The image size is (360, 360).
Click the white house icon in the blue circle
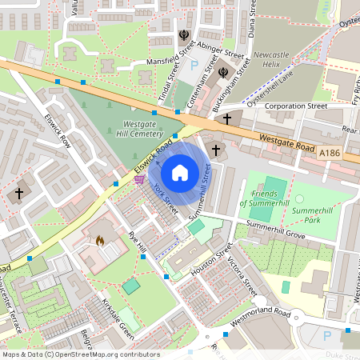point(180,172)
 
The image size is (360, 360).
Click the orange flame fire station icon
point(100,239)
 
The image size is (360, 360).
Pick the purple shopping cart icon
point(140,180)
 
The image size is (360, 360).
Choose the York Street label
point(166,197)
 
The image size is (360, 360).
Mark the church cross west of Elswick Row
point(19,193)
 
